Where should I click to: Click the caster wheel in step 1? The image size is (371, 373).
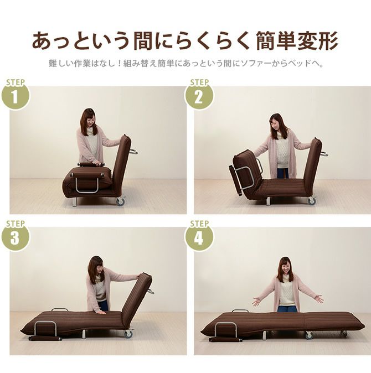(x=120, y=201)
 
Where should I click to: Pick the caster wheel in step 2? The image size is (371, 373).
(x=312, y=201)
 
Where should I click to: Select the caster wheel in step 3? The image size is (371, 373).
(x=128, y=334)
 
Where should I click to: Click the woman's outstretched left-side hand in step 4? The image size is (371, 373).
(x=256, y=302)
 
